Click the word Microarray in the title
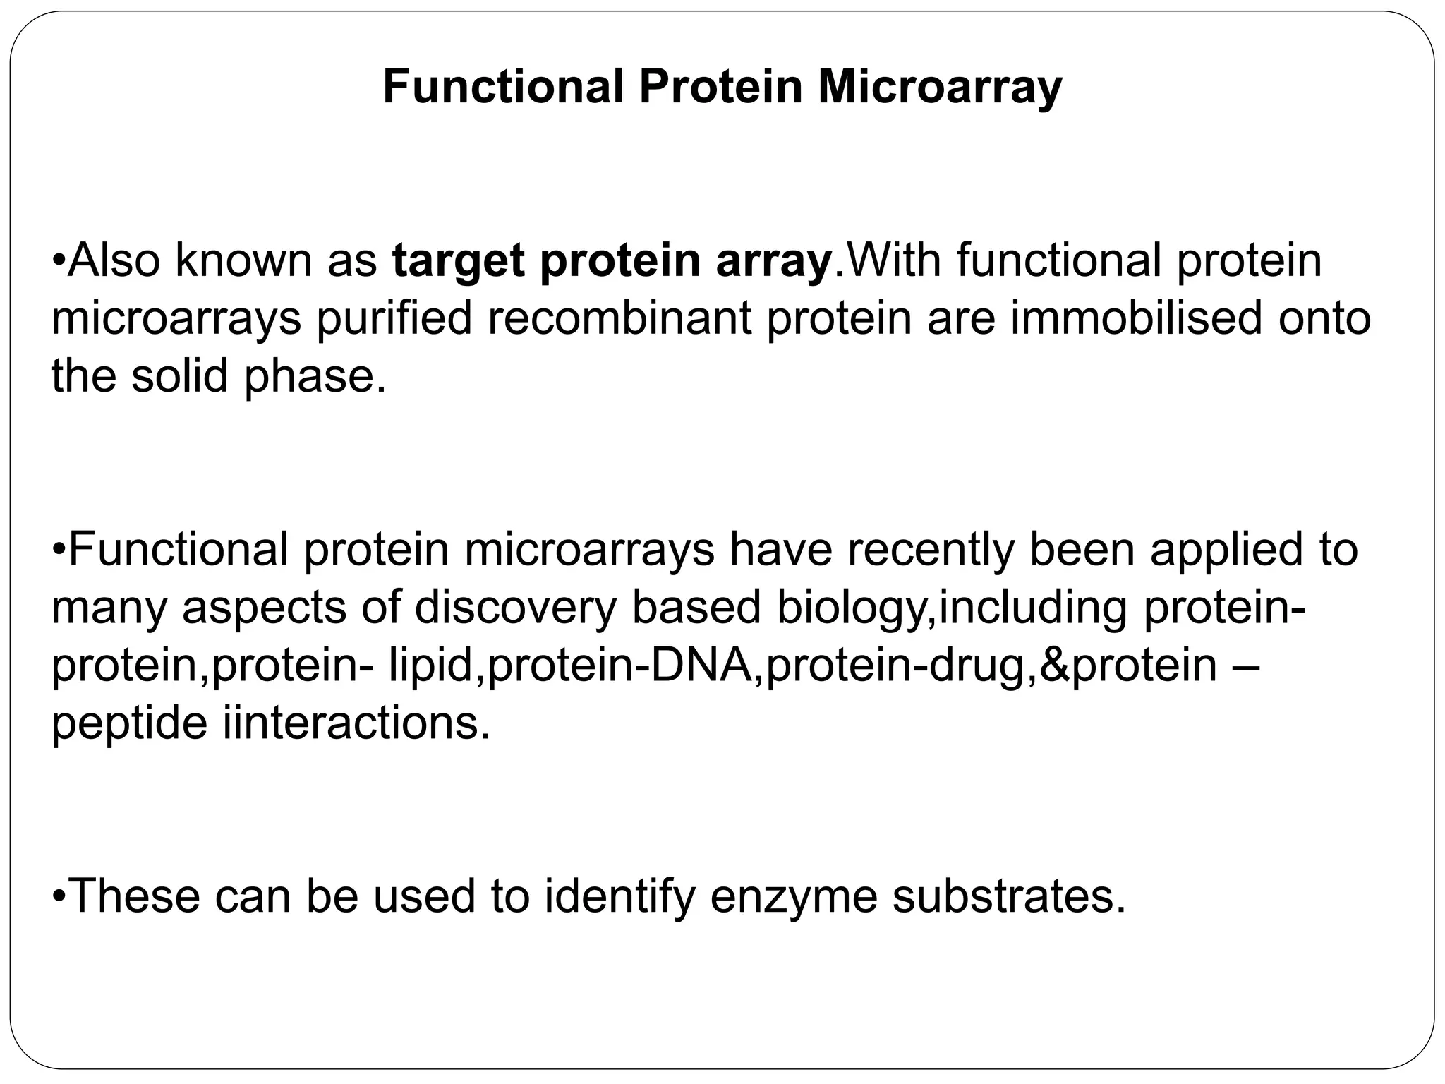[x=940, y=88]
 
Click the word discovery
[x=515, y=608]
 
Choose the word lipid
[x=430, y=666]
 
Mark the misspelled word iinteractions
[x=356, y=723]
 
